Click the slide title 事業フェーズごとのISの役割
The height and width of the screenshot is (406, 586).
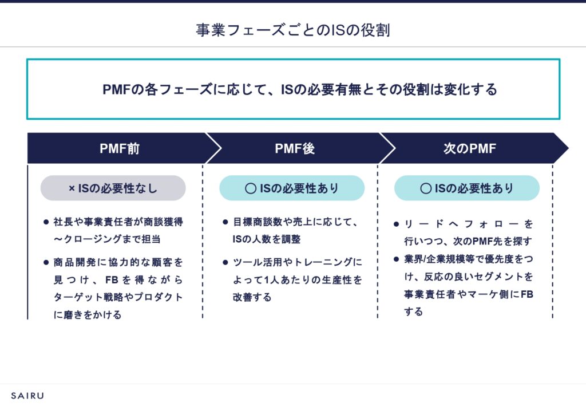click(x=292, y=30)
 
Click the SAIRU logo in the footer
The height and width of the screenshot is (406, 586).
click(x=27, y=395)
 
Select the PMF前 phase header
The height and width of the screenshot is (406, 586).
click(x=119, y=149)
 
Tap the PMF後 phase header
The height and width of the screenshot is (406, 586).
click(x=294, y=149)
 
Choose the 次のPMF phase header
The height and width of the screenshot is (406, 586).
click(x=469, y=149)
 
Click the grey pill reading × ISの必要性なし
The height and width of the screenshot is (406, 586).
click(x=113, y=188)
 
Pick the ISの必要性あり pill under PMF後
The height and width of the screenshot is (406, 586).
click(x=292, y=188)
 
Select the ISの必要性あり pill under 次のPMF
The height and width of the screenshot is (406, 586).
click(x=467, y=188)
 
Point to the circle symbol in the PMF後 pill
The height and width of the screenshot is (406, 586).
click(x=250, y=188)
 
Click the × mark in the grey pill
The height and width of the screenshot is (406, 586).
click(x=72, y=188)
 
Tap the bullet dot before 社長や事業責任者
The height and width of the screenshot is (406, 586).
click(x=46, y=221)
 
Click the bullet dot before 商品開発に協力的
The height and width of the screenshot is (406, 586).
click(x=46, y=262)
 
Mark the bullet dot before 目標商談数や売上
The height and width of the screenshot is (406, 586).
click(x=225, y=221)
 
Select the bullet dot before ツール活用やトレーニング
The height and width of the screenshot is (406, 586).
click(x=225, y=262)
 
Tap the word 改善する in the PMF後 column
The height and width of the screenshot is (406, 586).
click(x=252, y=298)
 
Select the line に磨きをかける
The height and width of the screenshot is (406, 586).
click(x=88, y=314)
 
